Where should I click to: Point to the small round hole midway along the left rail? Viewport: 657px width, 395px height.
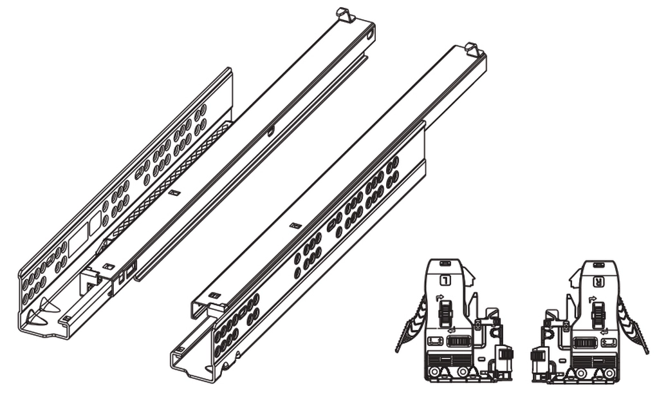(271, 132)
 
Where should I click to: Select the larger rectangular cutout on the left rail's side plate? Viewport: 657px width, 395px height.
(78, 238)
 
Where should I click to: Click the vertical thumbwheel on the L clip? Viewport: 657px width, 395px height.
(444, 314)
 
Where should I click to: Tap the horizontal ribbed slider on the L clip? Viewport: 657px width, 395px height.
(459, 342)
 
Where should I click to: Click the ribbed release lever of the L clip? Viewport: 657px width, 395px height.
(411, 323)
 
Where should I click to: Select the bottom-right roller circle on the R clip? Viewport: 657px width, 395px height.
(608, 372)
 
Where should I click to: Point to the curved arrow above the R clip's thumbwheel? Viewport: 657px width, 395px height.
(593, 299)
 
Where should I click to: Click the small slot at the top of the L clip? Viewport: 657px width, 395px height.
(445, 264)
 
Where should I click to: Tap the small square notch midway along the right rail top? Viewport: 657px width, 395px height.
(296, 226)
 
